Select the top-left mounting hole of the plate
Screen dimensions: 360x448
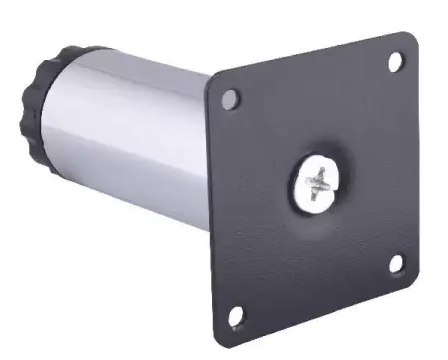231,99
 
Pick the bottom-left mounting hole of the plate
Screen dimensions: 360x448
236,318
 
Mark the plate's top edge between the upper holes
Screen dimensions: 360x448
314,59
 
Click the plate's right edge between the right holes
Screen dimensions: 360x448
418,159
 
